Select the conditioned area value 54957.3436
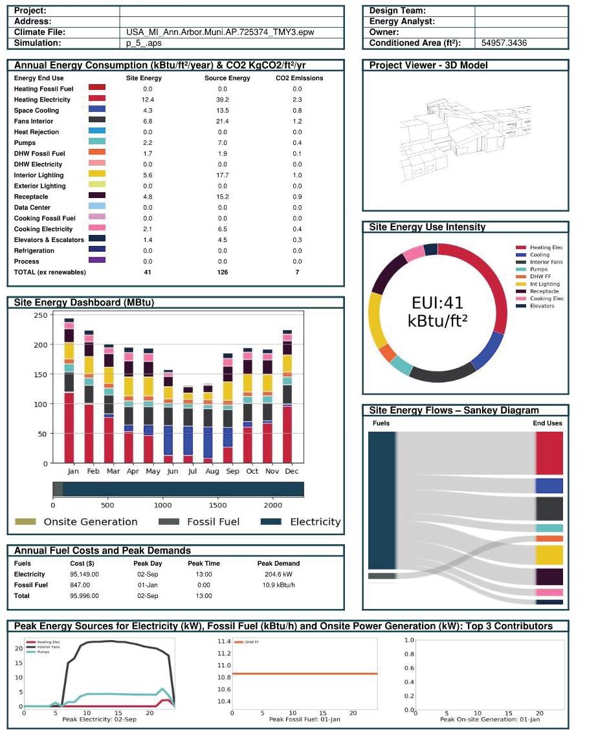[x=504, y=43]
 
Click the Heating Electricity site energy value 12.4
[x=148, y=100]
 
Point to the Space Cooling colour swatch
[x=96, y=110]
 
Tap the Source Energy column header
[x=223, y=78]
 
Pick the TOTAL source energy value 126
[x=223, y=272]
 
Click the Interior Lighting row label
[x=39, y=175]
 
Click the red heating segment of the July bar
[x=188, y=459]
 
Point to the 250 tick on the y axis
[x=40, y=315]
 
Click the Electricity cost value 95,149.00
[x=84, y=574]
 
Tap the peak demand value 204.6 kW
[x=278, y=574]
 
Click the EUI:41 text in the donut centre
[x=437, y=302]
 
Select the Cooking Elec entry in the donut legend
[x=546, y=298]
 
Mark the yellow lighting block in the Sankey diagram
[x=549, y=555]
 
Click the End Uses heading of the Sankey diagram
[x=547, y=423]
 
